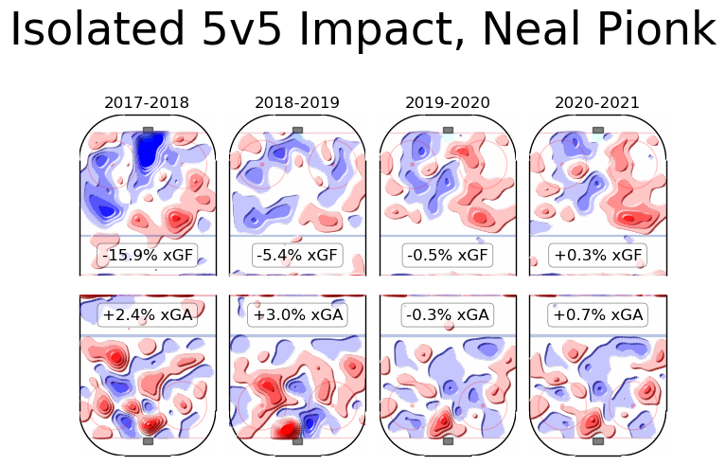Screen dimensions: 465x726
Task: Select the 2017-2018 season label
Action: (147, 102)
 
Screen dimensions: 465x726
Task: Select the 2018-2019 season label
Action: (297, 102)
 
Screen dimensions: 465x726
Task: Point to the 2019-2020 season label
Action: (448, 102)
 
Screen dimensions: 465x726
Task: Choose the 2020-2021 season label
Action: (597, 102)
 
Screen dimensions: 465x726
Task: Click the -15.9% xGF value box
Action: (147, 255)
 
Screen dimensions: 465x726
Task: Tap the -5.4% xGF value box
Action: (297, 255)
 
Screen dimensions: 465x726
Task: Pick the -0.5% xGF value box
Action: (448, 255)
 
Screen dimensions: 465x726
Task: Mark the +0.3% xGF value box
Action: (597, 255)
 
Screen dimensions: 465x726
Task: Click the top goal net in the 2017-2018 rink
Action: (148, 129)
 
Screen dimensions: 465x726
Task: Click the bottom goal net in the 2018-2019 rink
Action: (298, 440)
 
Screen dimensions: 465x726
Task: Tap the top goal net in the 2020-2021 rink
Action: (598, 129)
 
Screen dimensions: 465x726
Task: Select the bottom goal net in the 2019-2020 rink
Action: (448, 440)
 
